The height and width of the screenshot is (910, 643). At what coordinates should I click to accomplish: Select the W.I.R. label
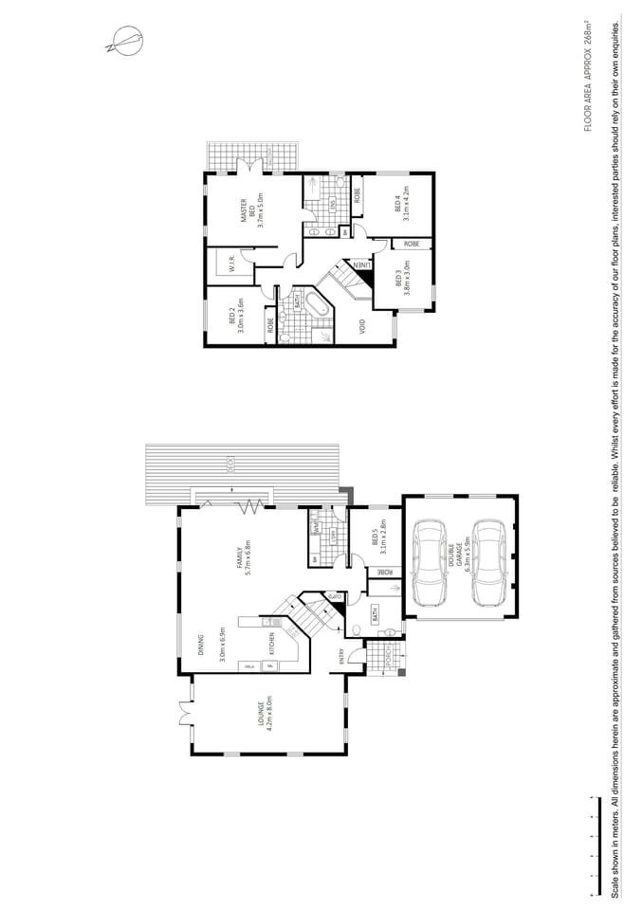point(230,266)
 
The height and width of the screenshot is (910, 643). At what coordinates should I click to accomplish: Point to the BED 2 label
point(235,313)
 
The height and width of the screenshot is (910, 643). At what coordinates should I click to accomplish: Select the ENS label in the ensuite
point(333,203)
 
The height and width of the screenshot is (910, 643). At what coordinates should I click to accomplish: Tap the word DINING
point(202,646)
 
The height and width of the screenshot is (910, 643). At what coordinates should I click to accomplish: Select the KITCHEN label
point(272,644)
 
